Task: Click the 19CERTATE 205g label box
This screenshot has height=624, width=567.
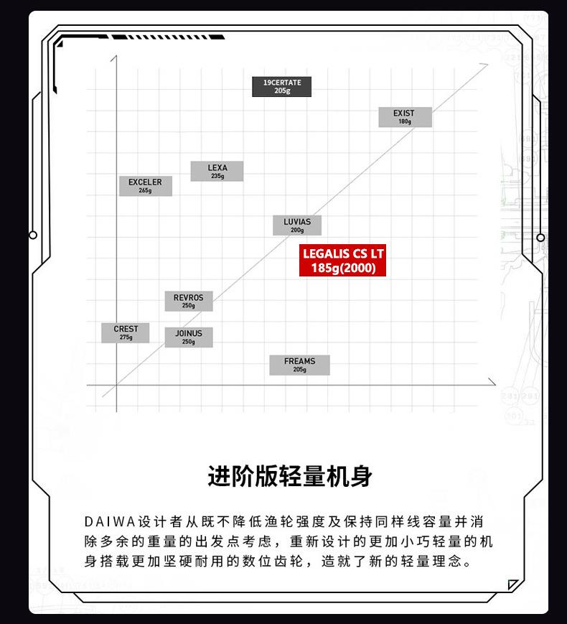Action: tap(281, 87)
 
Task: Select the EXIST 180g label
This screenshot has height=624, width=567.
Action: tap(405, 117)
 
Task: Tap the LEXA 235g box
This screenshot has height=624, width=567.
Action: tap(217, 172)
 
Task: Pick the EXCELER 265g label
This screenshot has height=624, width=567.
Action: tap(145, 186)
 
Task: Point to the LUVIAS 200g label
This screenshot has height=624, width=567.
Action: tap(296, 225)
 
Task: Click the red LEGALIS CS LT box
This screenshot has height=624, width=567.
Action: tap(342, 261)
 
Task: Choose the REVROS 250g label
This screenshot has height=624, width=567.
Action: tap(188, 301)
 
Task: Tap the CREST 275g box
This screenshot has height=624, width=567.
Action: tap(126, 332)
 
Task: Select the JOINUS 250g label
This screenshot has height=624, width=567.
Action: tap(188, 337)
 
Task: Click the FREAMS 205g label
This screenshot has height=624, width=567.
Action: tap(299, 365)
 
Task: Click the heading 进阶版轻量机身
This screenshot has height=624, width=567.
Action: tap(290, 476)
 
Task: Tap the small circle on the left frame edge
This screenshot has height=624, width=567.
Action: tap(33, 236)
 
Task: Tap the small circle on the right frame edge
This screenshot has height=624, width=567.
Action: tap(540, 238)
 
